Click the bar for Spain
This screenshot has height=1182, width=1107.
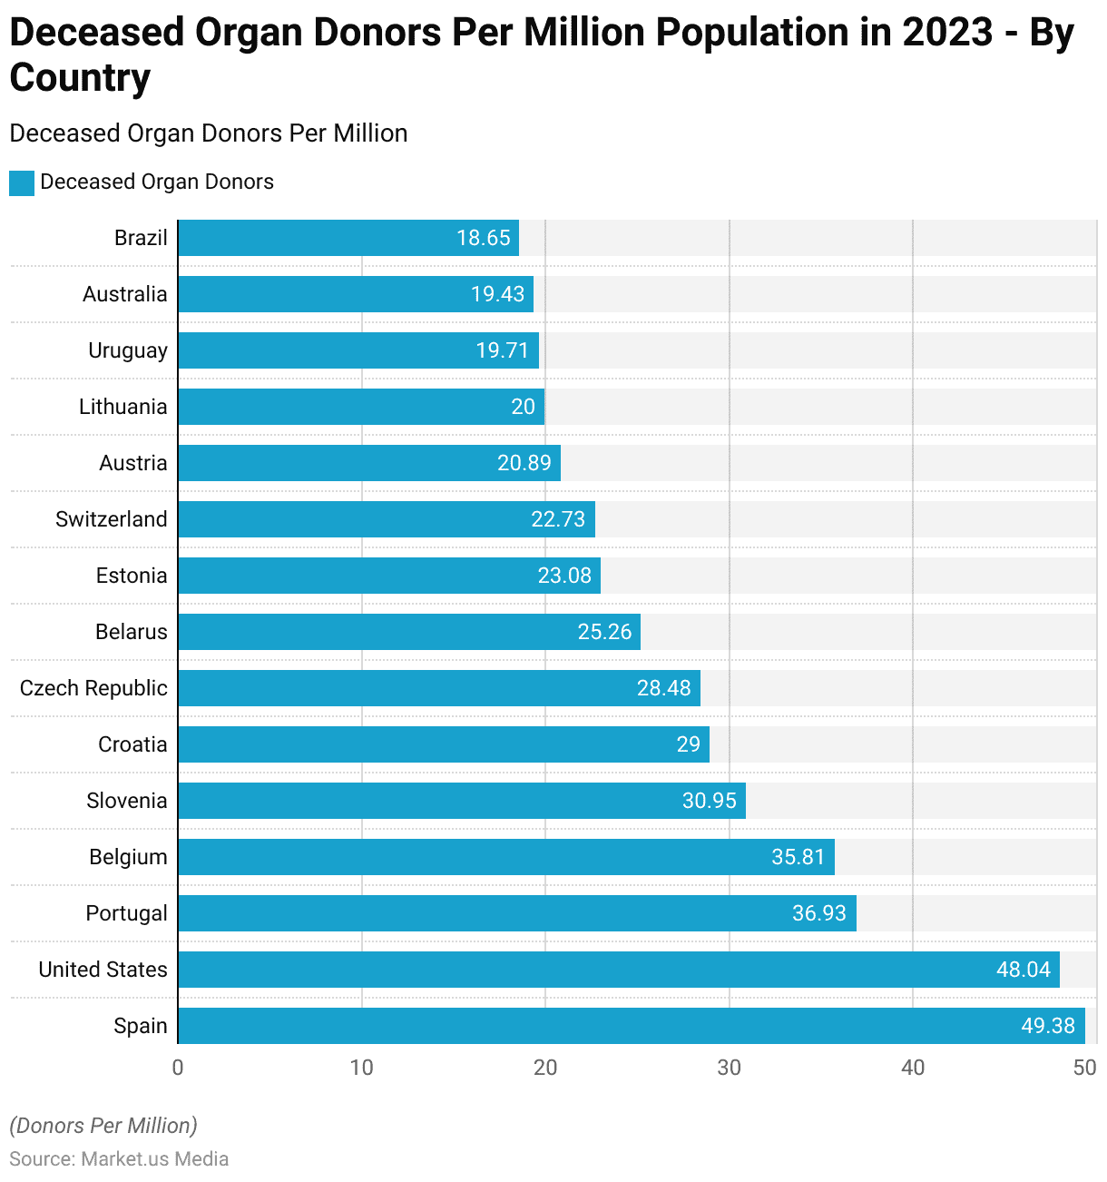(x=632, y=1026)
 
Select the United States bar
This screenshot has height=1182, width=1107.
(x=619, y=970)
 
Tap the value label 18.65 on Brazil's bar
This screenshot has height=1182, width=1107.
(x=484, y=238)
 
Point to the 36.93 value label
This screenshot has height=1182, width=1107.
(x=819, y=913)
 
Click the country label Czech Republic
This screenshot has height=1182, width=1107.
(x=93, y=688)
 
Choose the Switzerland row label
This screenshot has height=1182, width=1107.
(x=112, y=519)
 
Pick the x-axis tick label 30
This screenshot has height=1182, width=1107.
(x=729, y=1068)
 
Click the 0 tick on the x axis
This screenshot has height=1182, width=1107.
(x=178, y=1068)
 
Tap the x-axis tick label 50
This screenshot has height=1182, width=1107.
(x=1084, y=1068)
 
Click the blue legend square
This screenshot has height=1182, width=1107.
(x=22, y=182)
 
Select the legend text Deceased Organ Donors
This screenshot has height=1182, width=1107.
(x=157, y=182)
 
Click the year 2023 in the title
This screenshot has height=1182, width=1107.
(x=947, y=33)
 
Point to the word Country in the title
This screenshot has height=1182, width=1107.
(x=80, y=78)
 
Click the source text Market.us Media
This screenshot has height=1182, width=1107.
(x=155, y=1159)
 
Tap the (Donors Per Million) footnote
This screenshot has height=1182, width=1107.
(x=103, y=1126)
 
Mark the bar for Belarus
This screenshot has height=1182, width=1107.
(x=409, y=632)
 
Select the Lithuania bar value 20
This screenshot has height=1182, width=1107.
(x=524, y=407)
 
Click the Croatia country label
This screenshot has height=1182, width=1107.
(x=132, y=744)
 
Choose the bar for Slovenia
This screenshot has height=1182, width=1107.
(x=462, y=801)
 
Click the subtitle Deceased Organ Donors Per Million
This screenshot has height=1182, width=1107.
(x=209, y=133)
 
